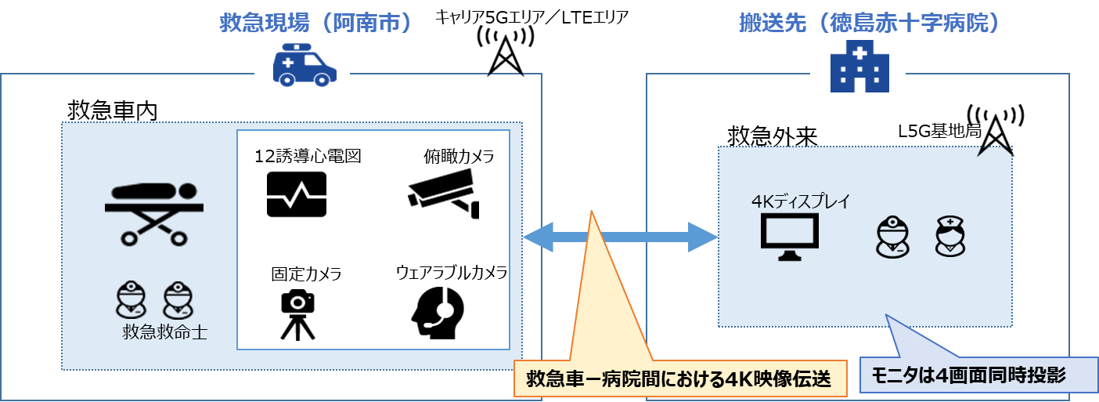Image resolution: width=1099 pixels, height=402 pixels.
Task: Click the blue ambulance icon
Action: point(304,65)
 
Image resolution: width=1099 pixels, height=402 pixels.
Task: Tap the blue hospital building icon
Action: point(859,67)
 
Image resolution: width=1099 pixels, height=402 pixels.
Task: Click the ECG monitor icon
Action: point(297,194)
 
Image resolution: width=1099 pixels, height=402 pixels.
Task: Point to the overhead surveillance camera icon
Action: point(444,194)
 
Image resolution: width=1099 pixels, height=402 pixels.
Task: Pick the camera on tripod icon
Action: point(297,314)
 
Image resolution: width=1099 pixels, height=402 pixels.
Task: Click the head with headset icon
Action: point(438,313)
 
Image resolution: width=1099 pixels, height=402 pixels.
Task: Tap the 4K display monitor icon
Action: point(789,237)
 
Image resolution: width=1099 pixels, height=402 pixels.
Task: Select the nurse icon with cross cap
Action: point(949,236)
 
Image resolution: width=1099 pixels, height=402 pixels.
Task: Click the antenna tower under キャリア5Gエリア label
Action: point(506,51)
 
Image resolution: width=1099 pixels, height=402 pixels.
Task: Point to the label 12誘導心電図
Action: point(308,156)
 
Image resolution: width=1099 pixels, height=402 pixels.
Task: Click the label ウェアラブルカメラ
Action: point(452,272)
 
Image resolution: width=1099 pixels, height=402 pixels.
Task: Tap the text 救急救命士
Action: point(164,332)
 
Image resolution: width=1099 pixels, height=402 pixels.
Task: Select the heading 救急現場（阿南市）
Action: point(315,23)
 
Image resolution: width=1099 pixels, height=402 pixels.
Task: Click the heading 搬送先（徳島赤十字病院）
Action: point(869,23)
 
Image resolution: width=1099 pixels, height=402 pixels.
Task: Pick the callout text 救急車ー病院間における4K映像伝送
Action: point(679,379)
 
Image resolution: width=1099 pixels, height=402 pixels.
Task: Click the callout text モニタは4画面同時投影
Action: point(968,375)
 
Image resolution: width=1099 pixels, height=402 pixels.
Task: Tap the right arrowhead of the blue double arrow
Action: point(703,237)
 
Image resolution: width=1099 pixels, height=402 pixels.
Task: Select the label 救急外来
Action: point(773,136)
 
